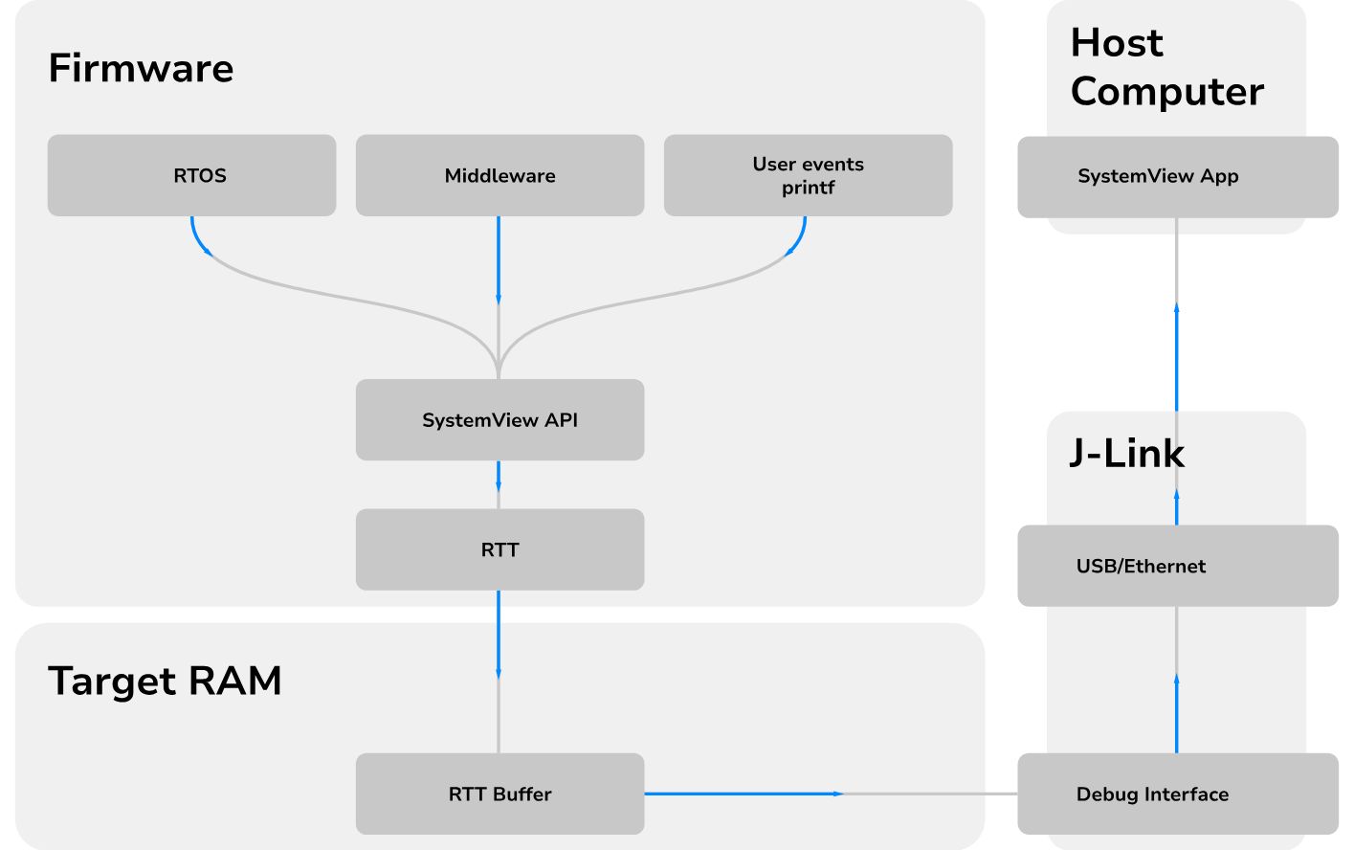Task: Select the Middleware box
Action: click(499, 175)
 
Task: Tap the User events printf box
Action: click(808, 175)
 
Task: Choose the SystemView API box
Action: click(499, 420)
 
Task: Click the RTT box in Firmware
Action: click(499, 549)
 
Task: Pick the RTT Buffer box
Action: click(499, 794)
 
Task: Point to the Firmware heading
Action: click(141, 69)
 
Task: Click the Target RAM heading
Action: click(165, 682)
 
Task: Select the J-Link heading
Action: click(1126, 453)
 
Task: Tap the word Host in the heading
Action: click(1117, 43)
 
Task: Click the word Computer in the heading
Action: click(1167, 92)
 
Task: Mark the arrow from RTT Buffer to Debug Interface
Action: click(743, 794)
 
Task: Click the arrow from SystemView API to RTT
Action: click(499, 477)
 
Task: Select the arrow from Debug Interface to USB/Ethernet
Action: click(1176, 713)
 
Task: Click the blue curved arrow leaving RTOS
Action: click(198, 239)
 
